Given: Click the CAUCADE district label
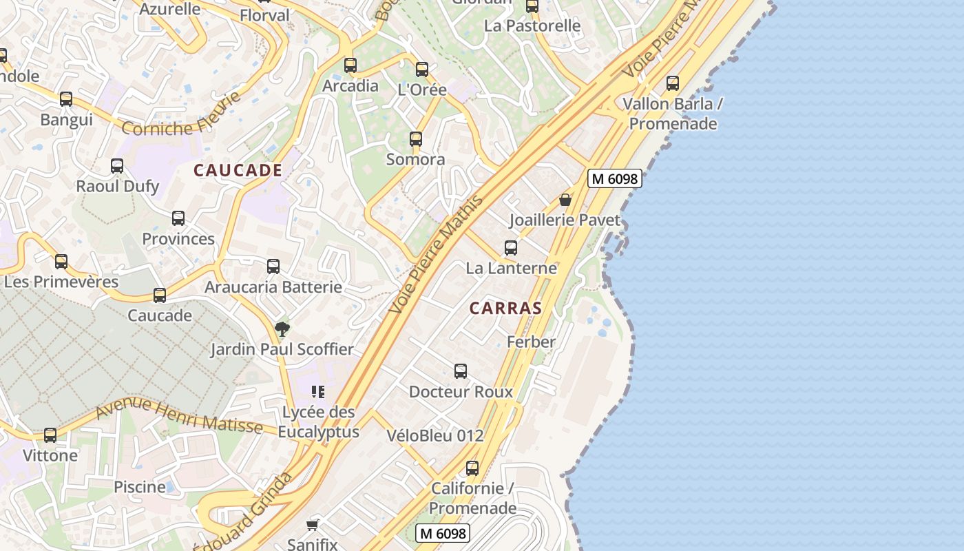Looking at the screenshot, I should pos(238,170).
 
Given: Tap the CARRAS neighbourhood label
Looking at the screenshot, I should pos(505,308).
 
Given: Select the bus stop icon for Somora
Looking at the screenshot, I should pos(415,139).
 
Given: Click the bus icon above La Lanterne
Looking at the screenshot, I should pos(511,248).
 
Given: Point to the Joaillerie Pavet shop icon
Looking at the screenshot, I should pos(565,200).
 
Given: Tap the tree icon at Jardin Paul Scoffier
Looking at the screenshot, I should pos(282,329).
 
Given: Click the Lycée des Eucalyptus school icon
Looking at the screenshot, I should pos(317,392).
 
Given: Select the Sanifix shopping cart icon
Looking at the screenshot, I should pos(313,525).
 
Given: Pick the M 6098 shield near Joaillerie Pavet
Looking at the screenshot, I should pos(614,178).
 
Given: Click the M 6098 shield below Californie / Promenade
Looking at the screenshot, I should pos(442,532).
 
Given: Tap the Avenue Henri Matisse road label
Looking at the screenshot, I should pos(179,416).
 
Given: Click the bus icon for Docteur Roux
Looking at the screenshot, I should pos(461,371).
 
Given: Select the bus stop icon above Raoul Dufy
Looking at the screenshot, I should pos(117,166).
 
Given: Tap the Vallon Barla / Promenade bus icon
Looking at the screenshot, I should pos(673,83).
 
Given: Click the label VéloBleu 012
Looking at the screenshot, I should pos(434,435).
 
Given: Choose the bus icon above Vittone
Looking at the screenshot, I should pos(50,435).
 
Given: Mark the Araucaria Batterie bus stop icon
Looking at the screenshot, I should pos(273,267).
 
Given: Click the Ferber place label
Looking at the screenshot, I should pos(531,342).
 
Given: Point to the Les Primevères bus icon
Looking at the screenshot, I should pos(61,262).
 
